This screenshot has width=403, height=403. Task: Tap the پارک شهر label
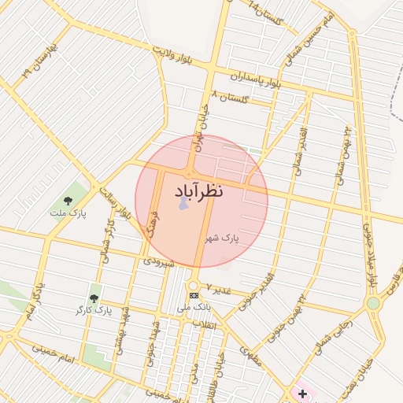pos(223,237)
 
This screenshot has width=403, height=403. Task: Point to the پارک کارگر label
pos(95,311)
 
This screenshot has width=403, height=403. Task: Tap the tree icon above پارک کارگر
pos(94,298)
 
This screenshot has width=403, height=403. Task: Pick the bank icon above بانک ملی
pos(194,295)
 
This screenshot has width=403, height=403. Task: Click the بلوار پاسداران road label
pos(256,79)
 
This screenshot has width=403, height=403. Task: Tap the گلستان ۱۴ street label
pos(265,12)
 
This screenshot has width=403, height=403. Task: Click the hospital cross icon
pos(302,393)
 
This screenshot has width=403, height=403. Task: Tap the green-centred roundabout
pos(373,302)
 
